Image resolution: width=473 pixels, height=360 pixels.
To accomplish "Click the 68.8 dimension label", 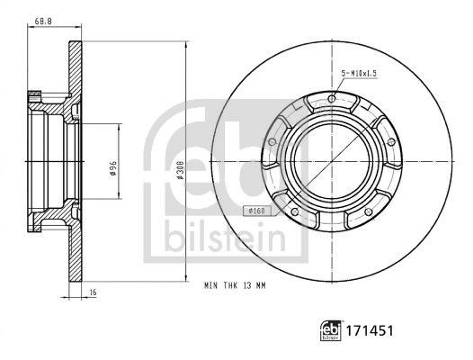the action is [43, 21].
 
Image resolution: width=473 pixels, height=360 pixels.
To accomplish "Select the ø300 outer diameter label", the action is [181, 170].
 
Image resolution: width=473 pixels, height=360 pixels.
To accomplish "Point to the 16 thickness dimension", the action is [93, 292].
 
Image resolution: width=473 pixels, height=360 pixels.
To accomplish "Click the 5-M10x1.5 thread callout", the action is [359, 74].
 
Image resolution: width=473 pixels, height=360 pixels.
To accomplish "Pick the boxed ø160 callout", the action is [257, 211].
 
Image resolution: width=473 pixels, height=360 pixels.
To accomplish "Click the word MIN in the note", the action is [210, 285].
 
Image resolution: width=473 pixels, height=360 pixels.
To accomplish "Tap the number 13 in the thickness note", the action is [247, 285].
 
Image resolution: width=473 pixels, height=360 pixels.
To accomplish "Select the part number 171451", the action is [370, 330].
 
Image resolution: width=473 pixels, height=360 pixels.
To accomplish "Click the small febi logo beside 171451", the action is [331, 330].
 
